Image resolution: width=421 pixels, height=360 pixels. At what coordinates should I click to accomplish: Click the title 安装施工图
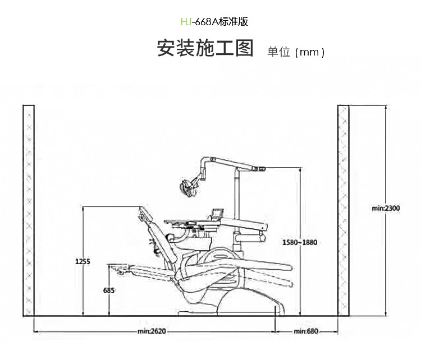(205, 49)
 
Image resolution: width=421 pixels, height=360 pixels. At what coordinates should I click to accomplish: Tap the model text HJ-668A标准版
(214, 22)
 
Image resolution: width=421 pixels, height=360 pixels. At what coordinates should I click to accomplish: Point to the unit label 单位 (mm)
(296, 52)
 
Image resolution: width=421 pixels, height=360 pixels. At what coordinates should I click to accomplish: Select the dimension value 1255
(83, 261)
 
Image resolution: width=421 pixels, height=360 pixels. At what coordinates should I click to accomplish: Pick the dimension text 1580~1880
(300, 242)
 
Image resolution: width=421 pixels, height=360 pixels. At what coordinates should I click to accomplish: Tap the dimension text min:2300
(386, 208)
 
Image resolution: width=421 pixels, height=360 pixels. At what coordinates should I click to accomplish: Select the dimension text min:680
(306, 331)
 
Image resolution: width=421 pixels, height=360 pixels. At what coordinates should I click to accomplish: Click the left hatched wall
(29, 210)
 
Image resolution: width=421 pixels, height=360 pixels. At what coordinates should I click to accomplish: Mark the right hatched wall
(343, 210)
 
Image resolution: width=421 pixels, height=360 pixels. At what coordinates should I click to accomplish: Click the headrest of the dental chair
(147, 213)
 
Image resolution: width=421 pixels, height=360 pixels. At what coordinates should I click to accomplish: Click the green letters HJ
(185, 22)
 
